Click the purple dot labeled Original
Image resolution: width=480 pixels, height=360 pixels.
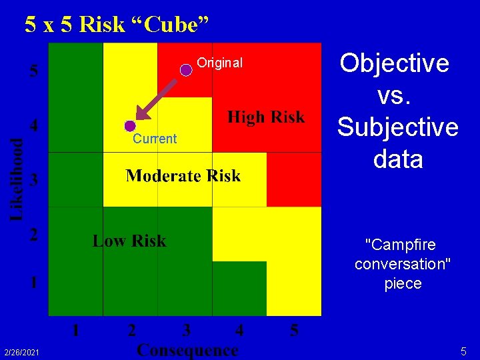pyautogui.click(x=187, y=69)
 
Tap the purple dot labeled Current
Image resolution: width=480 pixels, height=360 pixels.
pyautogui.click(x=129, y=125)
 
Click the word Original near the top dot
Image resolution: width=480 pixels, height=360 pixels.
pyautogui.click(x=220, y=63)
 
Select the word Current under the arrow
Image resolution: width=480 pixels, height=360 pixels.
pyautogui.click(x=155, y=139)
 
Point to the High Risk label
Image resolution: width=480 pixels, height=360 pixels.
pyautogui.click(x=266, y=118)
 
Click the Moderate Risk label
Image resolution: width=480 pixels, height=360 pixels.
pyautogui.click(x=183, y=176)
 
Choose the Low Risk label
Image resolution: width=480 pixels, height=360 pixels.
pyautogui.click(x=129, y=241)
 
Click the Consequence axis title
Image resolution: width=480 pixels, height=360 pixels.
pyautogui.click(x=187, y=349)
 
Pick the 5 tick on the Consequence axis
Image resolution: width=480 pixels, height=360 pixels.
pyautogui.click(x=294, y=330)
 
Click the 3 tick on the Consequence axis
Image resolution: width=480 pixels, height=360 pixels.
pyautogui.click(x=186, y=330)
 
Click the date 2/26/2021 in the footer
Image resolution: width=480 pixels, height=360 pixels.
pyautogui.click(x=21, y=351)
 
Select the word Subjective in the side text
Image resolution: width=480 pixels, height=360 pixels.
pyautogui.click(x=398, y=127)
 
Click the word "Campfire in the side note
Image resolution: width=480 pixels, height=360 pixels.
pyautogui.click(x=403, y=244)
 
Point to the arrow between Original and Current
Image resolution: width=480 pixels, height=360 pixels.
pyautogui.click(x=158, y=98)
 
